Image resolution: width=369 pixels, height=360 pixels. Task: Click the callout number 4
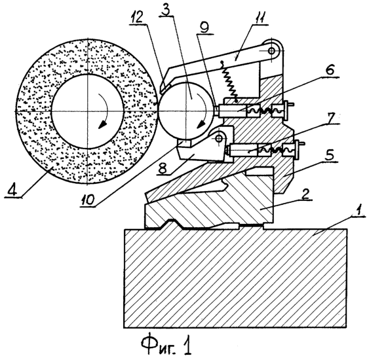(x=13, y=191)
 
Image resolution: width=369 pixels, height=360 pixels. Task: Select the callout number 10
(x=87, y=200)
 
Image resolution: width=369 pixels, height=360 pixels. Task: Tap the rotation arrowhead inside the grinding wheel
(x=102, y=124)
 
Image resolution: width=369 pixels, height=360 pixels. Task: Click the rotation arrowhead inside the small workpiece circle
(x=201, y=124)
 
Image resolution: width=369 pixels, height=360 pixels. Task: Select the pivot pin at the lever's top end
(x=272, y=50)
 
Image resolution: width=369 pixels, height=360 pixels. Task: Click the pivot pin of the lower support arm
(x=219, y=138)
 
